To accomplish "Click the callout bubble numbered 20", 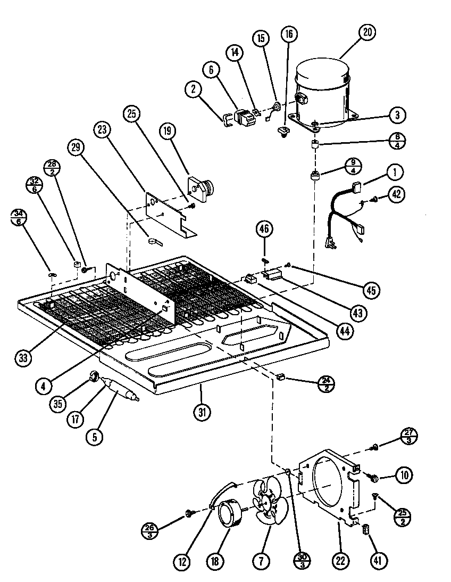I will [366, 32].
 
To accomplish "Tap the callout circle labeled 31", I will [203, 412].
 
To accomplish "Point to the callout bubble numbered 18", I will [217, 561].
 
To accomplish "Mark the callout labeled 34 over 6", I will [19, 218].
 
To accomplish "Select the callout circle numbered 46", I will [264, 229].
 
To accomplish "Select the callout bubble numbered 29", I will [78, 147].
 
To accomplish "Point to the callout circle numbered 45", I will [371, 290].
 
